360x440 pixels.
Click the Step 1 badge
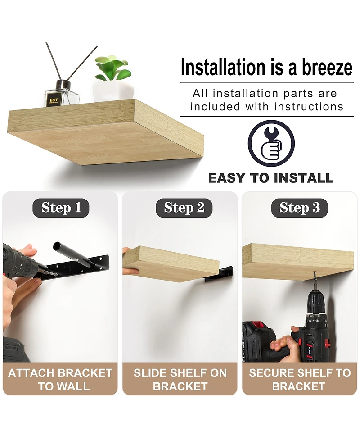(61, 208)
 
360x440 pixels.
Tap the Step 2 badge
(184, 208)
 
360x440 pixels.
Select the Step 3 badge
(299, 208)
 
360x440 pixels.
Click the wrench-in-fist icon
(271, 143)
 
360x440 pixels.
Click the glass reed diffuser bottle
(62, 94)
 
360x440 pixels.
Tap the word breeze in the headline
(327, 68)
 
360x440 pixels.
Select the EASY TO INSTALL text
(271, 178)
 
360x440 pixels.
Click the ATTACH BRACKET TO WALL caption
(60, 380)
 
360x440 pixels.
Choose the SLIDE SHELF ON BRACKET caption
(180, 380)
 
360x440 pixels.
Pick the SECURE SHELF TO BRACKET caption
(300, 380)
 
